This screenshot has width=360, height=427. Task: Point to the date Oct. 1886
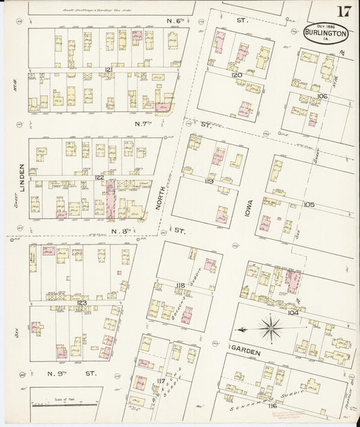click(x=326, y=26)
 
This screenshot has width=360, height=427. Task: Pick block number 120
click(x=236, y=75)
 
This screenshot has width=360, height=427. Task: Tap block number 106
click(x=322, y=97)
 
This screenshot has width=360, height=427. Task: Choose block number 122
click(x=99, y=177)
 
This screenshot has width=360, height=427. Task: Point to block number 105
click(x=309, y=203)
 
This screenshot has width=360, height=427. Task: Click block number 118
click(x=180, y=286)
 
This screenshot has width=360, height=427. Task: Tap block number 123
click(x=82, y=303)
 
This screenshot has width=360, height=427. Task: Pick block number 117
click(x=159, y=382)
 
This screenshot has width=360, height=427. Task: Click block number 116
click(x=272, y=405)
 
